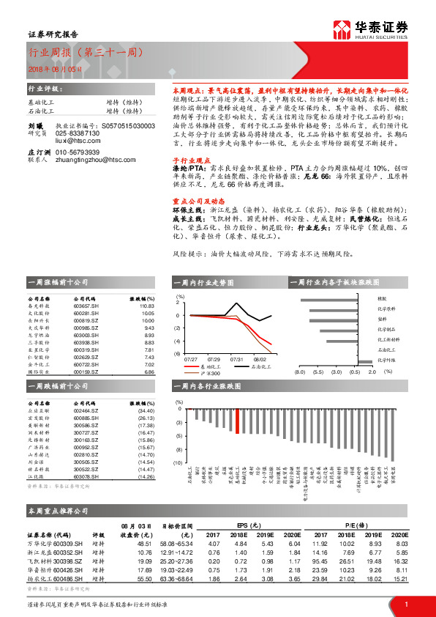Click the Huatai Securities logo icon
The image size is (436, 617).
point(342,30)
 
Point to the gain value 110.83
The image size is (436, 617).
point(144,306)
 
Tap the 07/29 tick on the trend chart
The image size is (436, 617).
point(214,360)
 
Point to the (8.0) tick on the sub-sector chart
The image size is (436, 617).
point(299,372)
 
